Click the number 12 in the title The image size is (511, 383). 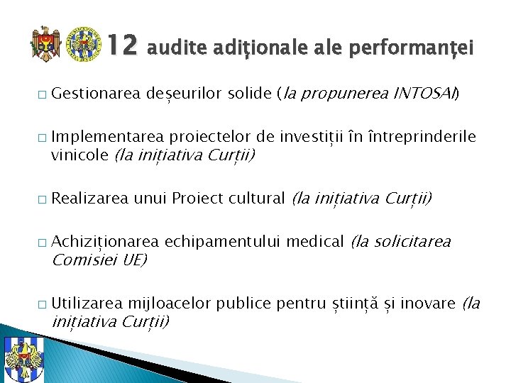(x=121, y=46)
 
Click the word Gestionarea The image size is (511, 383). (x=97, y=93)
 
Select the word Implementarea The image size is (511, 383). (x=107, y=136)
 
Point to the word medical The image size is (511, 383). (x=317, y=241)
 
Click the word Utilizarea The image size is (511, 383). (x=87, y=304)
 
